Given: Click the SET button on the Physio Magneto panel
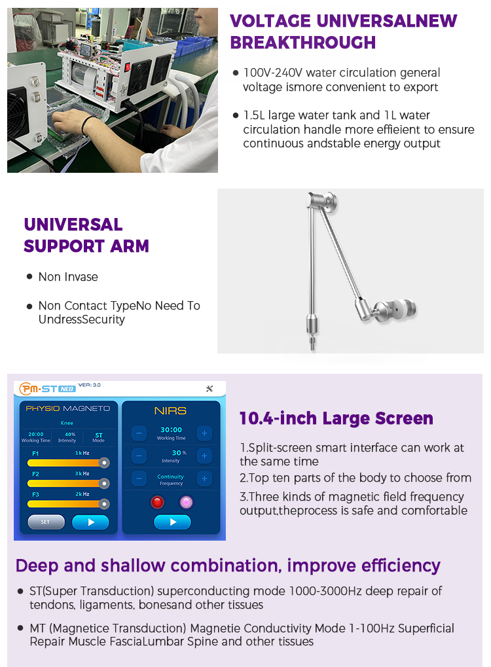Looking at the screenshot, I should [x=46, y=522].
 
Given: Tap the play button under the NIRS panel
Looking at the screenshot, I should [x=172, y=522].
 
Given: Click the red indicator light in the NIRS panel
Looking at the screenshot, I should [x=157, y=502].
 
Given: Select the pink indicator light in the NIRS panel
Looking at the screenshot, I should [x=187, y=502].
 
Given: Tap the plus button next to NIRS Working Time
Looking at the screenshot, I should [x=204, y=433].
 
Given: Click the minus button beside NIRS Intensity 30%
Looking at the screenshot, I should [x=139, y=456].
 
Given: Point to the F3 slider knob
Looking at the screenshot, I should [x=103, y=504].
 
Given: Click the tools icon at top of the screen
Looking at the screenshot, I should [x=209, y=389].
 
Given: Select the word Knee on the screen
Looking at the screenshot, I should [x=67, y=424].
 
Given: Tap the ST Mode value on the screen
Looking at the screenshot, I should [x=98, y=434].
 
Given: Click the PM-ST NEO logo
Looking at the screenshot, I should [x=47, y=388].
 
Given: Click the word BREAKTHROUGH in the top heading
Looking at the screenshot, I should [x=302, y=43].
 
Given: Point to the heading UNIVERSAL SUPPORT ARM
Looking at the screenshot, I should [x=86, y=235].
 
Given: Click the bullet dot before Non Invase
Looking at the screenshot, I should [x=29, y=277].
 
